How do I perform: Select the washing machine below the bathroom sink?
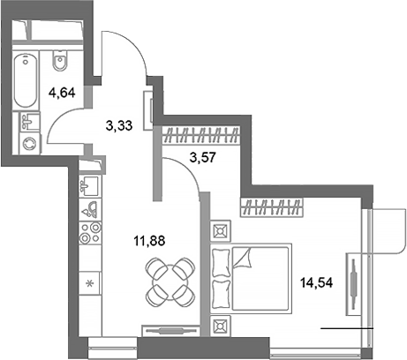30,142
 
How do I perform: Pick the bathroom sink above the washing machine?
30,119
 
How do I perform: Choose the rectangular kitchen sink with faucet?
89,185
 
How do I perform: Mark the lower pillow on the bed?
221,291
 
